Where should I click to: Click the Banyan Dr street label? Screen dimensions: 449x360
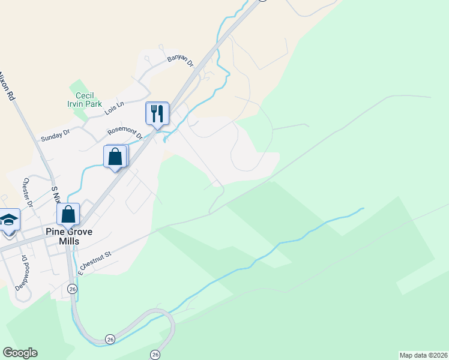coord(180,62)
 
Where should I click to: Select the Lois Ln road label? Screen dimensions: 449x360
coord(113,108)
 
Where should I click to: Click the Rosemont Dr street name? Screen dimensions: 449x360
coord(125,133)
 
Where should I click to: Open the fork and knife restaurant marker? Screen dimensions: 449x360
coord(157,113)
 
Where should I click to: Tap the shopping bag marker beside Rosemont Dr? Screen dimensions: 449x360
coord(115,157)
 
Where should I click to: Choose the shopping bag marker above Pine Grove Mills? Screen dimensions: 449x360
coord(68,215)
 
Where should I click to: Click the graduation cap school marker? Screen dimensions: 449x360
coord(10,220)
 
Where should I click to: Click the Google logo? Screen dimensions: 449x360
coord(20,353)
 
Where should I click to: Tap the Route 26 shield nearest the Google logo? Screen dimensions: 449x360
coord(110,340)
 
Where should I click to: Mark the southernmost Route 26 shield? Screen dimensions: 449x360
coord(155,354)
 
